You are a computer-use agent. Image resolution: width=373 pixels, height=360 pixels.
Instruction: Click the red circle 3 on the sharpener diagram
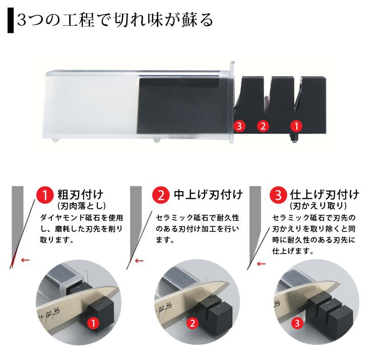pos(239,126)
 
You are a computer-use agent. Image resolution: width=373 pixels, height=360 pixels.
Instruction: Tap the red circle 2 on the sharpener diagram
pos(262,126)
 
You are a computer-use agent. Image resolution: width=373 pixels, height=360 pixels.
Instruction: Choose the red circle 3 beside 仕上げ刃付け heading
pos(278,195)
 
